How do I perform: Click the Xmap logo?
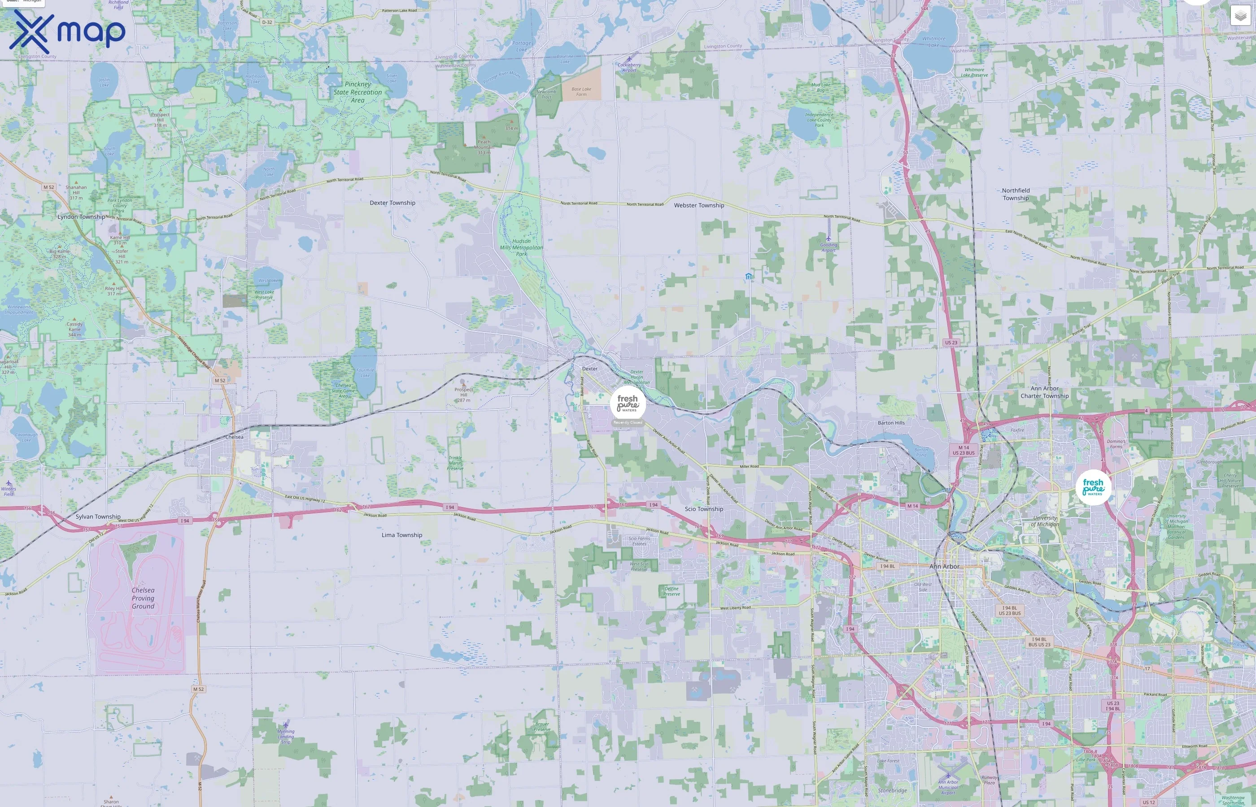tap(67, 31)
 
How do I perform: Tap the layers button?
tap(1240, 16)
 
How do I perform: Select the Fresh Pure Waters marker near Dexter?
tap(628, 404)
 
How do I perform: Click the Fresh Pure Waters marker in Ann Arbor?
tap(1093, 487)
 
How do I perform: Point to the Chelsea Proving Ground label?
tap(143, 598)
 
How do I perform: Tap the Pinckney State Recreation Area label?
tap(358, 92)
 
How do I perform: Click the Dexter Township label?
tap(392, 203)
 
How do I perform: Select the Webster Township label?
tap(699, 205)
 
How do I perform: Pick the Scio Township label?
tap(703, 509)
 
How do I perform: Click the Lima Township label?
tap(401, 535)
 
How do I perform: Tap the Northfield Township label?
tap(1016, 195)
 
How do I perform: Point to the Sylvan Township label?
tap(98, 516)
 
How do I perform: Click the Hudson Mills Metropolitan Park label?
tap(521, 248)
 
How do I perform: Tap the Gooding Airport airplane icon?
tap(828, 239)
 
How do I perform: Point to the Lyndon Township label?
tap(81, 217)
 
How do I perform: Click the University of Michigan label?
tap(1044, 521)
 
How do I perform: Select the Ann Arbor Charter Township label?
tap(1044, 392)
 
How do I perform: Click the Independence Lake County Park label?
tap(819, 120)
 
